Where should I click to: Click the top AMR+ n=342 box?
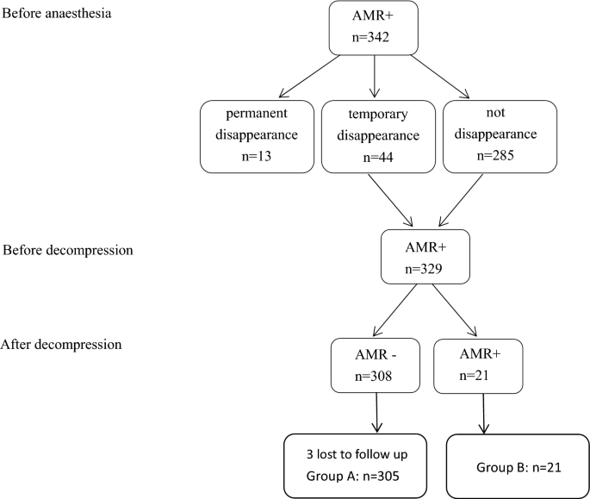coord(374,31)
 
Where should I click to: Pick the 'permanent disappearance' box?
coord(254,134)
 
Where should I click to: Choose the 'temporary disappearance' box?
coord(372,134)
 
